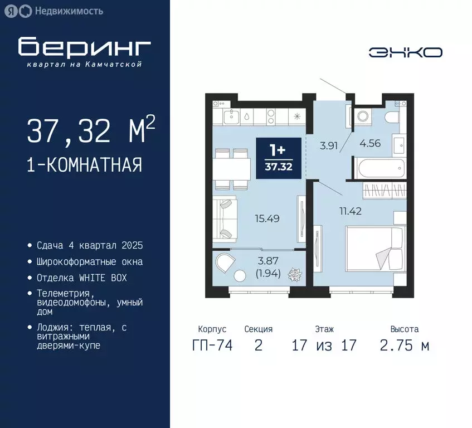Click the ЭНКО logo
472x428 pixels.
tap(406, 52)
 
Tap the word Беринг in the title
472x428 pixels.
tap(84, 47)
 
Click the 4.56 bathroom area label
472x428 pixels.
tap(371, 143)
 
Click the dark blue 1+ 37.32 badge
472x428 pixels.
tap(278, 158)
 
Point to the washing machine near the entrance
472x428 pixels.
tap(363, 116)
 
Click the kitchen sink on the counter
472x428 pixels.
tap(246, 117)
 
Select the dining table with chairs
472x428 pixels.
tap(232, 169)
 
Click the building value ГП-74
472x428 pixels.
tap(212, 346)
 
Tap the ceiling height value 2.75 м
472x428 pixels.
tap(405, 346)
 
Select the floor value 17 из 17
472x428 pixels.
tap(324, 346)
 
